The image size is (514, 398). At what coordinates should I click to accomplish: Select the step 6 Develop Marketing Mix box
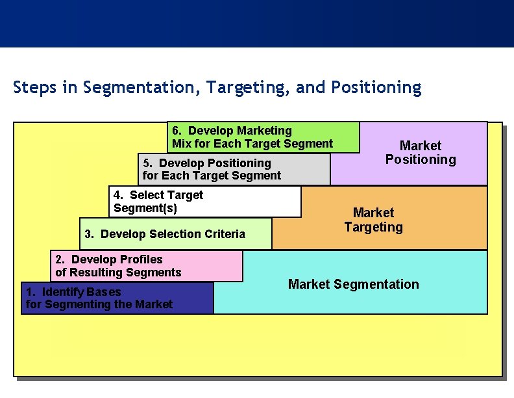263,137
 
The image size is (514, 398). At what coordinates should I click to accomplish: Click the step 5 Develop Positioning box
234,169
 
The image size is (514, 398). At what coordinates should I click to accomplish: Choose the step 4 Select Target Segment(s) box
205,202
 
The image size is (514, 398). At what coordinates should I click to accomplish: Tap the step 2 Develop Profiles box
147,266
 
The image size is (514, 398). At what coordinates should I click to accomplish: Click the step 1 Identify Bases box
117,298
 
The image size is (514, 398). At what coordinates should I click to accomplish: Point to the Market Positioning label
421,153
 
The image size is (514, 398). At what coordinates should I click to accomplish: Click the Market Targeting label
374,220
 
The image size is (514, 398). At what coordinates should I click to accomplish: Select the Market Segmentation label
354,284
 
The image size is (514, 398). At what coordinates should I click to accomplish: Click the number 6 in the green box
176,131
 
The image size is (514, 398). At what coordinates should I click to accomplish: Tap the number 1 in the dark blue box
29,292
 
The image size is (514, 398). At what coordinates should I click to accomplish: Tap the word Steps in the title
34,87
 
